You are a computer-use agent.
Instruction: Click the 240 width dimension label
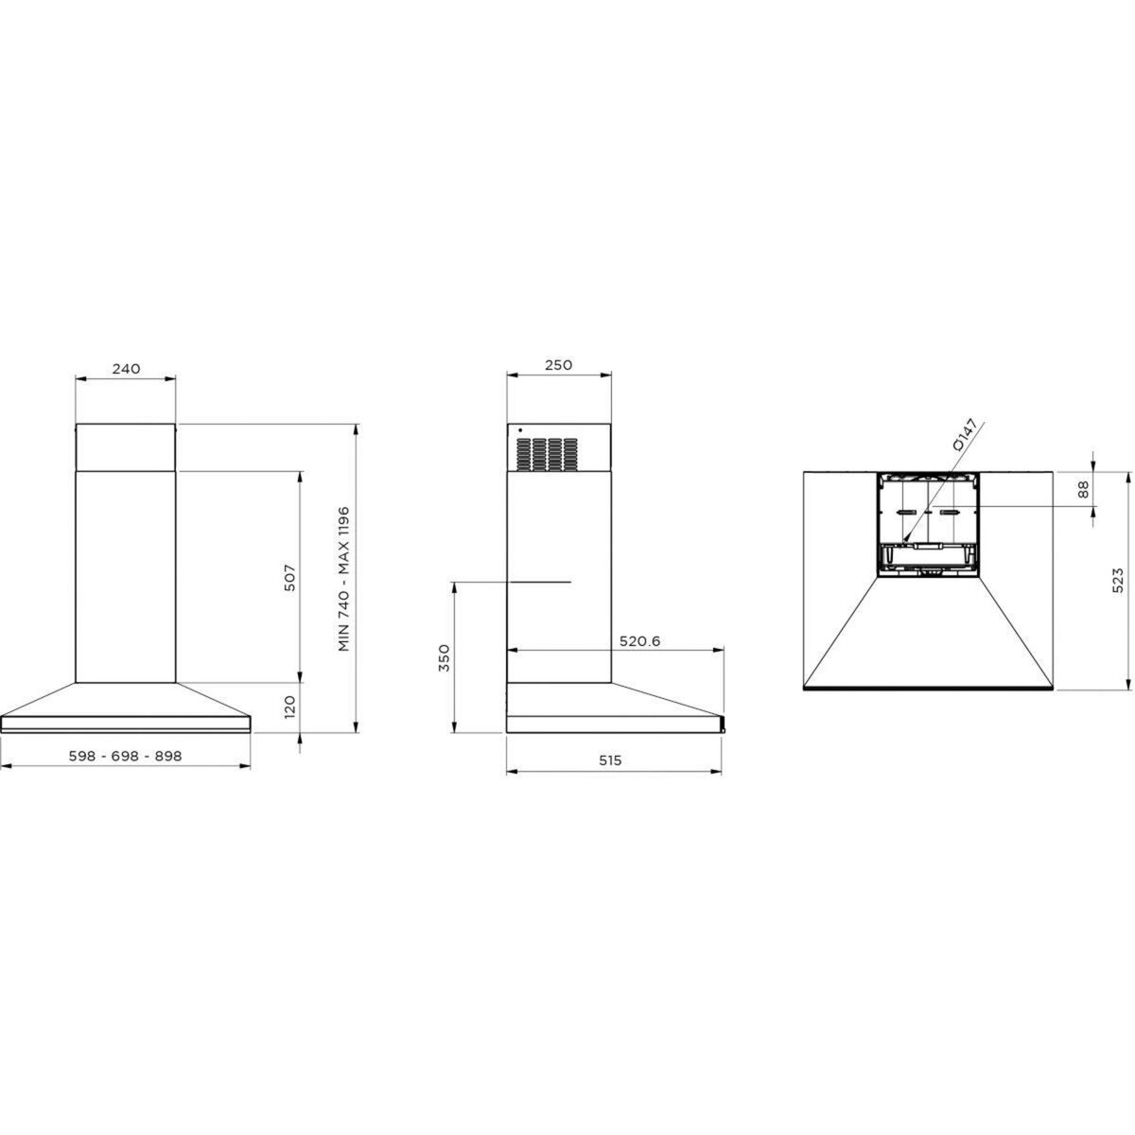pyautogui.click(x=126, y=369)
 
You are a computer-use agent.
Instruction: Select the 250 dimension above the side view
pyautogui.click(x=558, y=364)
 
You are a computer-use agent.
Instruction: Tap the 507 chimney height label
pyautogui.click(x=289, y=578)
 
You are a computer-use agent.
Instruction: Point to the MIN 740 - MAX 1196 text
pyautogui.click(x=344, y=579)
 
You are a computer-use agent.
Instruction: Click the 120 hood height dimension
pyautogui.click(x=289, y=707)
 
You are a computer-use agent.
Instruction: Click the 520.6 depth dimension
pyautogui.click(x=639, y=641)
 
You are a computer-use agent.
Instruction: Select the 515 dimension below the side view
pyautogui.click(x=610, y=760)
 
